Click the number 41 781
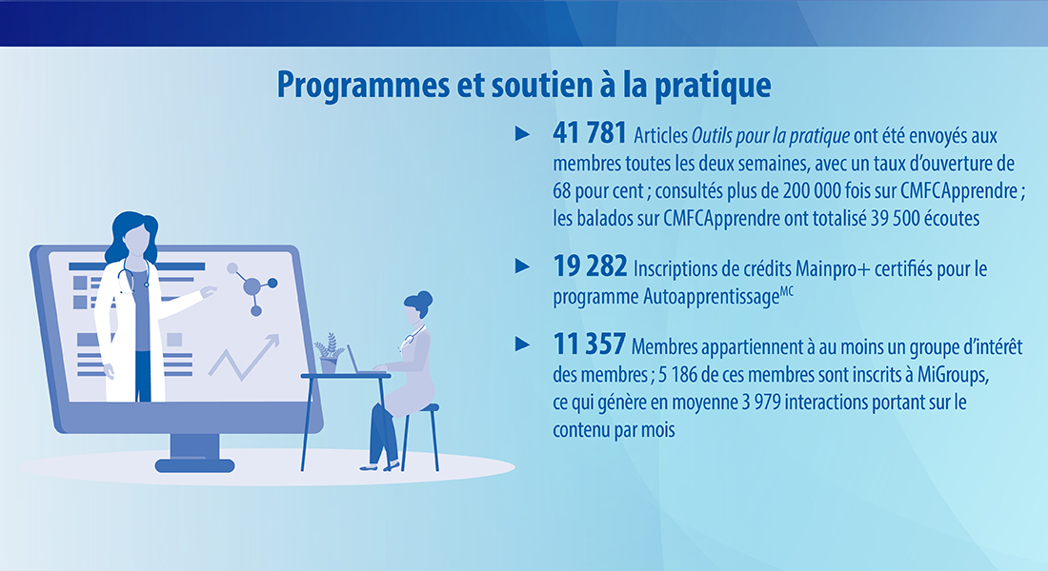click(x=590, y=133)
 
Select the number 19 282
click(x=590, y=266)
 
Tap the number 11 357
click(x=589, y=345)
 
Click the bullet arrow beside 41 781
click(x=523, y=133)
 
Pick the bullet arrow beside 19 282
click(x=523, y=266)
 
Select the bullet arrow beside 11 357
click(x=523, y=345)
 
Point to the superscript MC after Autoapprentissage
click(x=787, y=290)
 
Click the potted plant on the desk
click(x=329, y=353)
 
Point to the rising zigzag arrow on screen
click(x=244, y=357)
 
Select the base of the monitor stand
click(x=194, y=465)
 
